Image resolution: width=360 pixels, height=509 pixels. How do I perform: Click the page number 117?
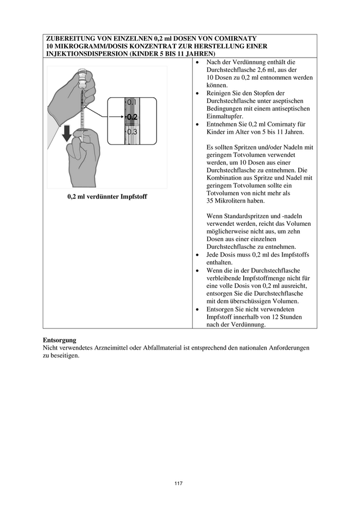(x=178, y=483)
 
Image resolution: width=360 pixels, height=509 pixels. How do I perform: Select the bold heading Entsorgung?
(x=59, y=340)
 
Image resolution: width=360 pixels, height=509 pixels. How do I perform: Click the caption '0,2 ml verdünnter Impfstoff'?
(x=107, y=197)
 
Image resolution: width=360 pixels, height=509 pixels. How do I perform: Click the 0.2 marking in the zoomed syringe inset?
(x=132, y=117)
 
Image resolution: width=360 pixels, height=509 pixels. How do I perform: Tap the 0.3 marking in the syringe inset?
(x=132, y=131)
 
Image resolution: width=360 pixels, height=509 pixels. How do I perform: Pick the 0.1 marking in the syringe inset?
(x=132, y=102)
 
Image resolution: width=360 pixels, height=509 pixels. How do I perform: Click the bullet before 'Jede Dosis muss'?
(x=199, y=255)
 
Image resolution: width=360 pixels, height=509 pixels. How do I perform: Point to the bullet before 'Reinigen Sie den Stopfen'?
(x=199, y=93)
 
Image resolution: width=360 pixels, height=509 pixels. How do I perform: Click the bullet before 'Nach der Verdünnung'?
(x=199, y=61)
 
